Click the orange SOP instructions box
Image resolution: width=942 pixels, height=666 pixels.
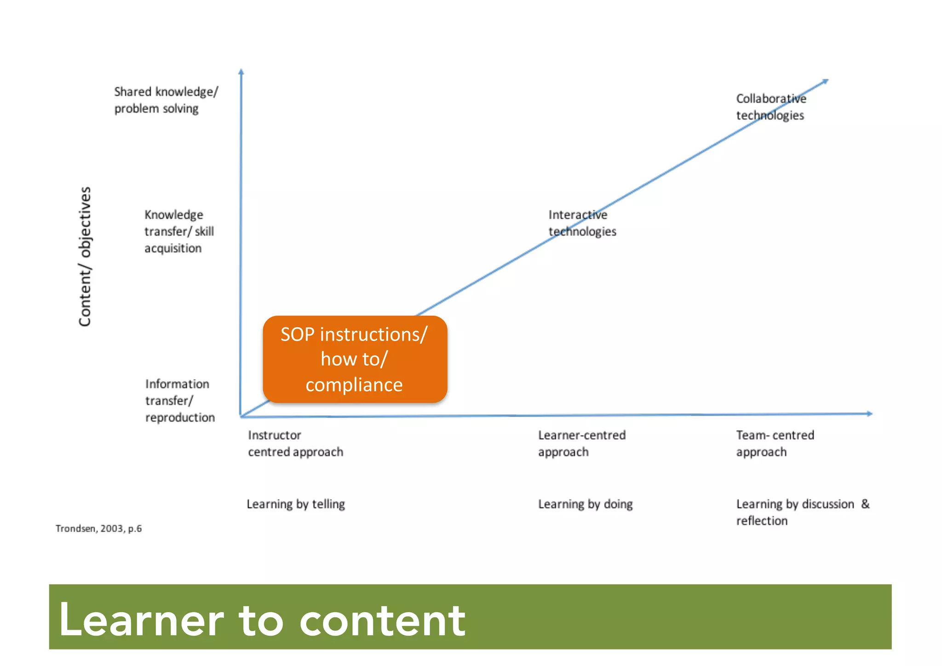355,359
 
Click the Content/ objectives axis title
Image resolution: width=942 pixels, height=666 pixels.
85,256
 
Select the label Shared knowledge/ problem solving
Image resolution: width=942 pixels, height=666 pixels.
166,100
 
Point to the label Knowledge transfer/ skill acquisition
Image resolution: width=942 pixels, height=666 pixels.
179,231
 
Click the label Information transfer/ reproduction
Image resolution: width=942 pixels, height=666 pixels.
179,400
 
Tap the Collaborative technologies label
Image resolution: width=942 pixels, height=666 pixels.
770,107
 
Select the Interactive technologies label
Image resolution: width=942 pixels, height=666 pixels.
582,223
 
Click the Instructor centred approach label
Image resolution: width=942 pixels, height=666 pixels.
295,443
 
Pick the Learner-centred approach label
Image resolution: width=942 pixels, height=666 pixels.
581,443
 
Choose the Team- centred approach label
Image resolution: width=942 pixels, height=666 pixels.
775,443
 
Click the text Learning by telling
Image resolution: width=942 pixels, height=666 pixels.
295,504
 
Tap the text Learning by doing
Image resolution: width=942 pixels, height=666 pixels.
585,504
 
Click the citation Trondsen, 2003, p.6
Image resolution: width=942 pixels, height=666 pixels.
98,528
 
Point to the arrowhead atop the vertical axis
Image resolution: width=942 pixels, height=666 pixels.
241,71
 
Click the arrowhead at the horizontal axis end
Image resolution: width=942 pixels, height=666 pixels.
869,413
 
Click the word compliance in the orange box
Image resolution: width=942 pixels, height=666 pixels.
354,385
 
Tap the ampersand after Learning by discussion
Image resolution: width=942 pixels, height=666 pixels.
865,504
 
